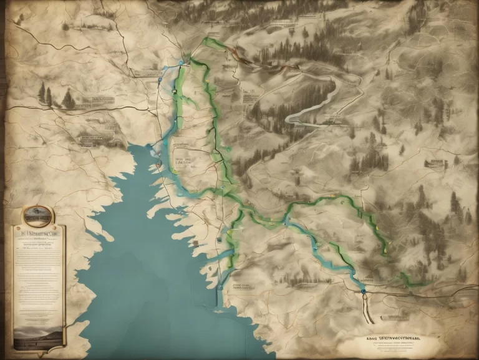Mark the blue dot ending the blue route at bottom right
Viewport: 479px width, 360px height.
point(363,289)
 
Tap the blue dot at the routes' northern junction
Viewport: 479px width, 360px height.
point(181,62)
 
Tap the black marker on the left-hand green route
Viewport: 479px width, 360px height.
point(175,92)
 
